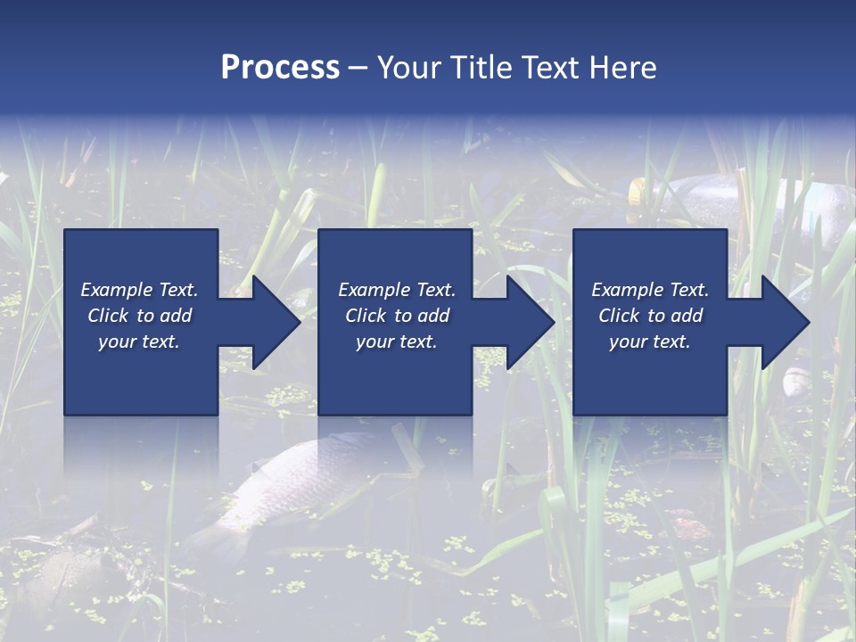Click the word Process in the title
(x=280, y=68)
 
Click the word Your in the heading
(x=409, y=68)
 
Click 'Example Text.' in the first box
(x=139, y=290)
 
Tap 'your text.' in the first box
(x=139, y=342)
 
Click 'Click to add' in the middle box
(x=397, y=316)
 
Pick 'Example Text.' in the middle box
(x=397, y=290)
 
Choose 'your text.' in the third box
(x=650, y=342)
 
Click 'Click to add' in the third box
(x=650, y=316)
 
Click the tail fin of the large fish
(x=210, y=539)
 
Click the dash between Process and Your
(x=358, y=68)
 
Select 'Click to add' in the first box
(x=139, y=316)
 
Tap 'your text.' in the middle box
(x=397, y=342)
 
